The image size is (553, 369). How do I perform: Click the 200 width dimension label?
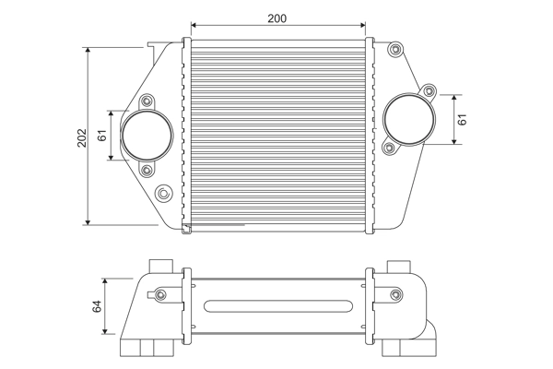coord(276,18)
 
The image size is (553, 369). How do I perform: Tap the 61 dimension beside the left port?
coord(103,136)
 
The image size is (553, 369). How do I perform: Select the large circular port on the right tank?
coord(406,118)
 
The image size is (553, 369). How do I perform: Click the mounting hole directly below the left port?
coord(147,170)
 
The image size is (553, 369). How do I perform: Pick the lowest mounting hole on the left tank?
coord(163,193)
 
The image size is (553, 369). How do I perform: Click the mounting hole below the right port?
coord(390,148)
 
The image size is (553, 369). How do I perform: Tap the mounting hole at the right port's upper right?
coord(428,90)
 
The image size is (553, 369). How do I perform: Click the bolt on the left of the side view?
coord(161,294)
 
